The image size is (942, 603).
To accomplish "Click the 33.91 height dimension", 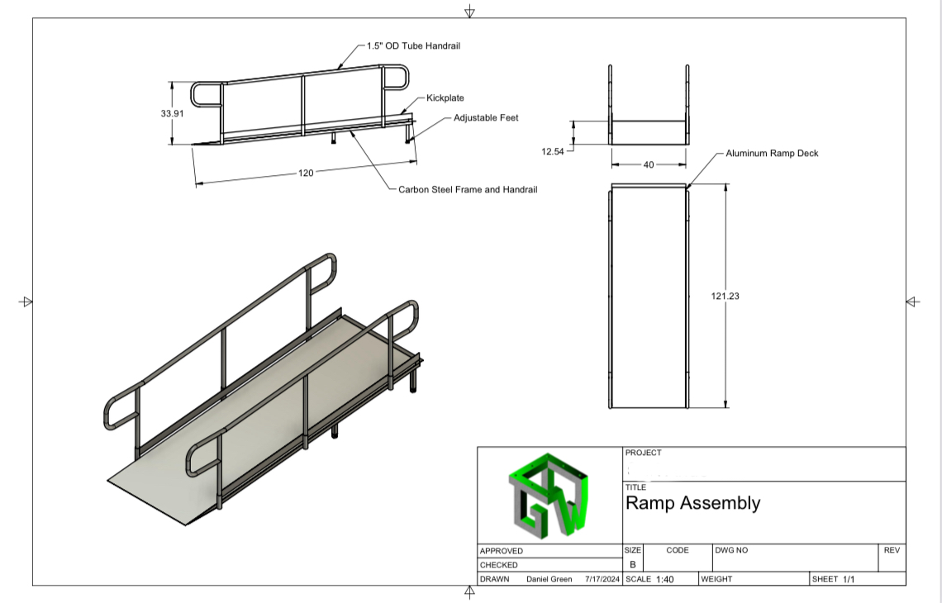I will pyautogui.click(x=172, y=113).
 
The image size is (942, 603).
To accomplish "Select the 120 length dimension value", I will pyautogui.click(x=306, y=173).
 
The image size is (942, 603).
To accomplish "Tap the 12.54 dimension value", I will pyautogui.click(x=552, y=151).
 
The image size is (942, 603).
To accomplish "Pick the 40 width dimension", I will pyautogui.click(x=649, y=165).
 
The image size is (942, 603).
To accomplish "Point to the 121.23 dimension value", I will pyautogui.click(x=725, y=295).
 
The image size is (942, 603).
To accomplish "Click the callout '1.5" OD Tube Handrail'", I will pyautogui.click(x=413, y=46).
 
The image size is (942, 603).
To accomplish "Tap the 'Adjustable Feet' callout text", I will pyautogui.click(x=486, y=118).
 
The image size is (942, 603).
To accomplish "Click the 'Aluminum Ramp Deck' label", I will pyautogui.click(x=772, y=154).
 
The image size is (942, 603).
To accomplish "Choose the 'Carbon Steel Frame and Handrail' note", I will pyautogui.click(x=468, y=190).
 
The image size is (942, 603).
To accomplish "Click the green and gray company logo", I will pyautogui.click(x=550, y=495).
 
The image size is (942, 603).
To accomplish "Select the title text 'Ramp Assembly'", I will pyautogui.click(x=692, y=503).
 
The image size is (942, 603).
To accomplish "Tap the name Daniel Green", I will pyautogui.click(x=549, y=579).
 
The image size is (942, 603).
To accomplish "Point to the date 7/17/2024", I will pyautogui.click(x=602, y=579).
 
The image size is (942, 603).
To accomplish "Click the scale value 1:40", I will pyautogui.click(x=664, y=579).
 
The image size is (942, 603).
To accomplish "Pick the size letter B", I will pyautogui.click(x=632, y=565).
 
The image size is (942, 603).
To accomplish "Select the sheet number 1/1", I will pyautogui.click(x=849, y=579).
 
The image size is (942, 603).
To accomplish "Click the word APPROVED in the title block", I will pyautogui.click(x=501, y=551).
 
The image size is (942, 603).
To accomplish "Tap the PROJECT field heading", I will pyautogui.click(x=643, y=453).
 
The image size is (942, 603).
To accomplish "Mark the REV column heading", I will pyautogui.click(x=891, y=550).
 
